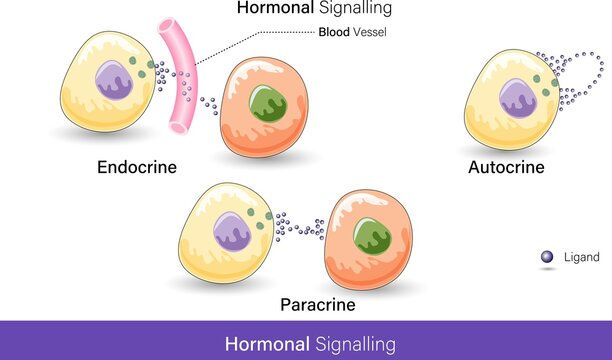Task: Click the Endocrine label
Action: click(x=137, y=167)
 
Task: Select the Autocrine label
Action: click(x=506, y=167)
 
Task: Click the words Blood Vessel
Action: click(x=353, y=32)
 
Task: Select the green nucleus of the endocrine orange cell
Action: click(x=267, y=104)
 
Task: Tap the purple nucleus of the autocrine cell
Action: click(x=517, y=98)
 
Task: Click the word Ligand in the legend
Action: click(x=581, y=257)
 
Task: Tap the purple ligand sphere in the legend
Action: click(x=546, y=257)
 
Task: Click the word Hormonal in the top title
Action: click(x=272, y=8)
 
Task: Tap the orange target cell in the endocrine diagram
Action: click(x=262, y=120)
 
